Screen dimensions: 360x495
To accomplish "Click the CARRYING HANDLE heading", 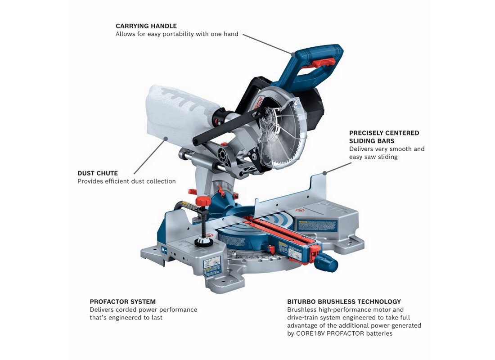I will pyautogui.click(x=146, y=26).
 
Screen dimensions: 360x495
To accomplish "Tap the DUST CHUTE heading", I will pyautogui.click(x=98, y=173).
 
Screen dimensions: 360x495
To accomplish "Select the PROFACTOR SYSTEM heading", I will pyautogui.click(x=122, y=301).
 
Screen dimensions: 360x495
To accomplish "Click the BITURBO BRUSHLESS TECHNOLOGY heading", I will pyautogui.click(x=344, y=301).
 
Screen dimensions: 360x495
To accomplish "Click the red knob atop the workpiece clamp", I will pyautogui.click(x=204, y=201).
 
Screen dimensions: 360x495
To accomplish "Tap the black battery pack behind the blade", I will pyautogui.click(x=315, y=108).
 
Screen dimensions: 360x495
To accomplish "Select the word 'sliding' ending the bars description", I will pyautogui.click(x=386, y=157).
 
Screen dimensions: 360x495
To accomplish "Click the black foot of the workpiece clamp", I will pyautogui.click(x=203, y=243).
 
